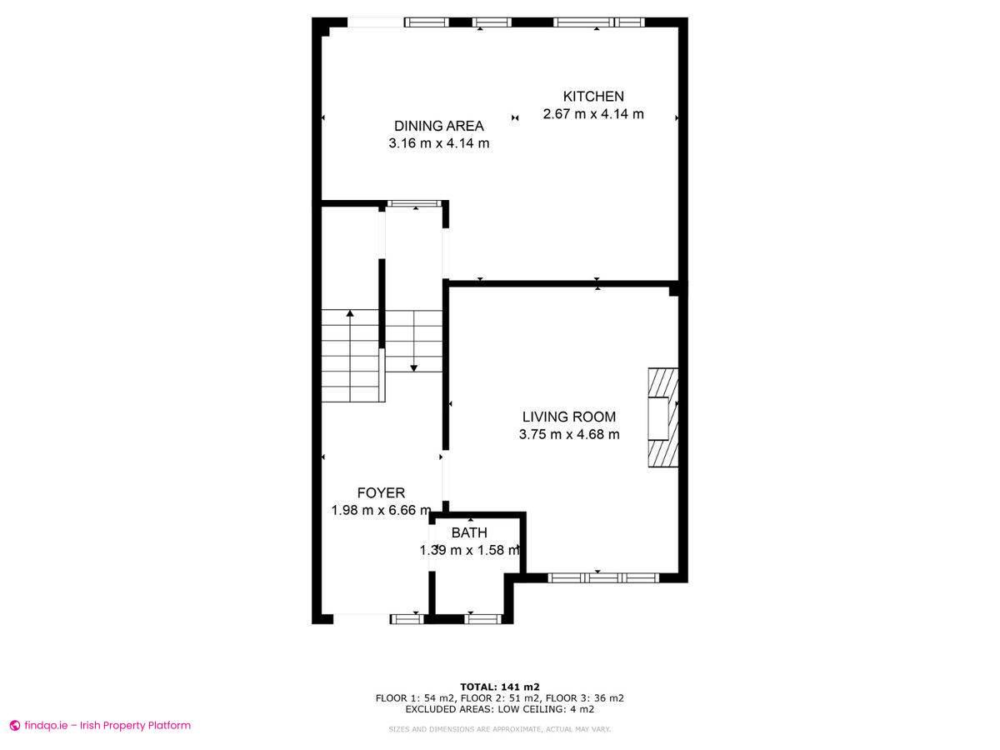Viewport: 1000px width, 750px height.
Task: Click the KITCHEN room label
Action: (593, 97)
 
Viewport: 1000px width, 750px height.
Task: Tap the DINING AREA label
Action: (438, 126)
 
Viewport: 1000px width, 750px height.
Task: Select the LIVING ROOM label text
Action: (569, 417)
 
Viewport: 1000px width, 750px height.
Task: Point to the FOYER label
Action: (381, 492)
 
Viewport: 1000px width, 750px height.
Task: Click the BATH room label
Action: (469, 532)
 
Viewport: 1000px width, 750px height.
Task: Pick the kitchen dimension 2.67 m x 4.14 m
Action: (593, 114)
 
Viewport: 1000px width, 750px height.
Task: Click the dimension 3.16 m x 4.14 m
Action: (438, 143)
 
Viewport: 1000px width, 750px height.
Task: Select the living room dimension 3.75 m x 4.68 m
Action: (569, 434)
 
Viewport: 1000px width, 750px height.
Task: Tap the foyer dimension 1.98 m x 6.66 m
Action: (381, 510)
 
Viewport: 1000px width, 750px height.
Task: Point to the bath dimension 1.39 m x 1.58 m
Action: (469, 550)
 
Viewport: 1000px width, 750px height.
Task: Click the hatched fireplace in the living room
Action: (663, 417)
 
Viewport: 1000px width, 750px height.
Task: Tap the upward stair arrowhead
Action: (349, 313)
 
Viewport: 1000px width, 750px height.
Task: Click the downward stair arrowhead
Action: (413, 368)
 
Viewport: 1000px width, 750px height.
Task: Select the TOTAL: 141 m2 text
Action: (500, 687)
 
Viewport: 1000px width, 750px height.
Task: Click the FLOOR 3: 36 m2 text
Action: (584, 698)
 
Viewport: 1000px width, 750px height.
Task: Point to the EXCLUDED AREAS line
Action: (500, 709)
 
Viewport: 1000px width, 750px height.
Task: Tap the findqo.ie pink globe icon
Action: (15, 725)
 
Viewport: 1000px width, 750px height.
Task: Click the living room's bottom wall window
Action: (603, 577)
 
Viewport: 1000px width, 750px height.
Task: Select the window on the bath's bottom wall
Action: (482, 619)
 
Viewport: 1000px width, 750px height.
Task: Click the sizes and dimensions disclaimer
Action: (499, 729)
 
